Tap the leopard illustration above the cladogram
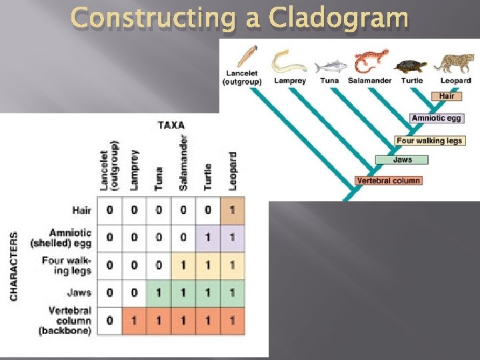[455, 63]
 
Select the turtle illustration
[411, 66]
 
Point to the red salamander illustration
[371, 62]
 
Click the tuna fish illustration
[329, 66]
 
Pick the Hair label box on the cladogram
[446, 96]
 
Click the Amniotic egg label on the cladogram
[436, 118]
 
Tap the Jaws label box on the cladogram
[402, 160]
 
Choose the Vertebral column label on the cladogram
[388, 181]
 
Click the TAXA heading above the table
[171, 125]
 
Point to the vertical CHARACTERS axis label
[15, 265]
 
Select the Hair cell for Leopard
[232, 211]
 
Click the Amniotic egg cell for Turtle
[208, 238]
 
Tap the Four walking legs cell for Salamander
[183, 265]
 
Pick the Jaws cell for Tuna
[159, 293]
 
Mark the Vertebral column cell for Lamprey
[134, 321]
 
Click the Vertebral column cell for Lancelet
[110, 321]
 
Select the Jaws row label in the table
[79, 293]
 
